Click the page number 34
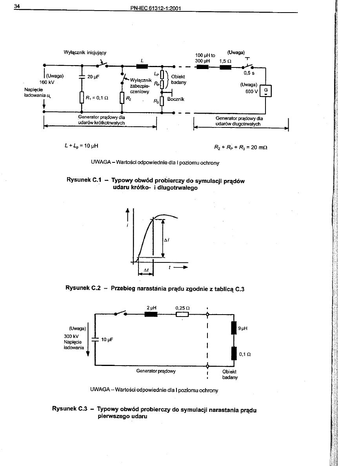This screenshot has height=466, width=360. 17,6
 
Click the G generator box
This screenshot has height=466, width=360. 265,91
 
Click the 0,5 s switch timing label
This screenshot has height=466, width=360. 249,73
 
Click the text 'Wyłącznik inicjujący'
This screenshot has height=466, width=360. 85,52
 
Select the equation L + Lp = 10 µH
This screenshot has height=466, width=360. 81,146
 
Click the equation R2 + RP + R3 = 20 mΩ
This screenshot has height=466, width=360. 241,147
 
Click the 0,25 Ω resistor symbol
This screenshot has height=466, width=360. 182,314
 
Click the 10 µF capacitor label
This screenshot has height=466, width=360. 107,340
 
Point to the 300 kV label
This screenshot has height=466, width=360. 71,336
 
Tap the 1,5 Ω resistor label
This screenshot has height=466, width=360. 225,61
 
